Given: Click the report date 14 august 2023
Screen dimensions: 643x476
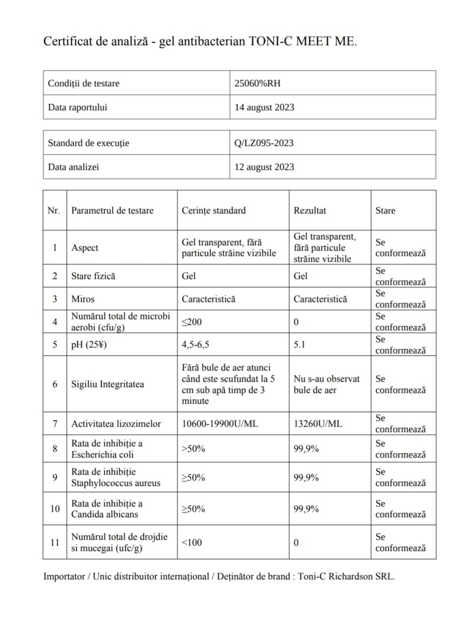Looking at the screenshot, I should click(x=264, y=107).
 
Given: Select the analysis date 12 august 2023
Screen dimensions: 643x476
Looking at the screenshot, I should click(x=264, y=167).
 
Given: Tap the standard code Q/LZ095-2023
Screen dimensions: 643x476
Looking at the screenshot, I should click(x=263, y=143).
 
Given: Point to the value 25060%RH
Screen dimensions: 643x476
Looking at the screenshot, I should click(x=257, y=83).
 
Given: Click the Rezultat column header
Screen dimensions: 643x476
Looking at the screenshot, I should click(x=309, y=210).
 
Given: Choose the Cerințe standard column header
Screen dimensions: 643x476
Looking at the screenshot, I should click(x=214, y=210).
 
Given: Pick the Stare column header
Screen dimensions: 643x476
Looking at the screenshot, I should click(x=385, y=210).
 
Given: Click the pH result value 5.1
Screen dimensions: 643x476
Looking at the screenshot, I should click(x=299, y=344).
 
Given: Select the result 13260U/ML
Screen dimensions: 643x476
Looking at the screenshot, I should click(x=318, y=424).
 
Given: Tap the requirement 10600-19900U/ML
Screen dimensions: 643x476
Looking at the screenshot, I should click(x=219, y=424).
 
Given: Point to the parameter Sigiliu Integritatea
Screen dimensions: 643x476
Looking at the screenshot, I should click(x=108, y=384).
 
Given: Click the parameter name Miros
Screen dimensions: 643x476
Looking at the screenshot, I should click(x=83, y=299).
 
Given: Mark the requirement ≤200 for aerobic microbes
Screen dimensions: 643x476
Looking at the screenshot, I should click(x=191, y=322).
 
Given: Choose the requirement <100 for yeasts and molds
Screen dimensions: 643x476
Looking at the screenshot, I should click(x=191, y=542).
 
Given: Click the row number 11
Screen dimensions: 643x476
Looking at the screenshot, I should click(x=55, y=542).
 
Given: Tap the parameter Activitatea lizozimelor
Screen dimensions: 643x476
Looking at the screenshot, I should click(x=116, y=424).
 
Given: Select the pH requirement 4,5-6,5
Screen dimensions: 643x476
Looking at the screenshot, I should click(x=195, y=344).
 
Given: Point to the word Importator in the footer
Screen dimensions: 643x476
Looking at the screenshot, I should click(x=64, y=576).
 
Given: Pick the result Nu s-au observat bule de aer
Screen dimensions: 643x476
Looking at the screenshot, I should click(x=326, y=384).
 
